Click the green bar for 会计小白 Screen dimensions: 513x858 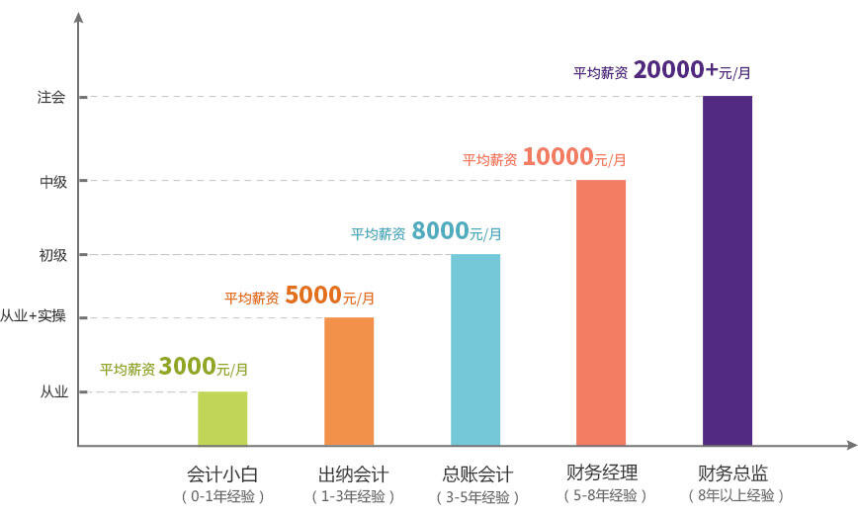tap(222, 418)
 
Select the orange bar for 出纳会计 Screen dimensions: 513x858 tap(349, 382)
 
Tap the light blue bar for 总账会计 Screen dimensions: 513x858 tap(475, 350)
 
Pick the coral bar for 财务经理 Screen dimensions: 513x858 tap(601, 312)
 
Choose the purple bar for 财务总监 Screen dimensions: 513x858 tap(728, 270)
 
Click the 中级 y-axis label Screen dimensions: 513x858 tap(52, 181)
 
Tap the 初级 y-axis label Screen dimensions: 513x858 tap(52, 255)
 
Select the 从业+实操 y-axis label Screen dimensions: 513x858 tap(33, 317)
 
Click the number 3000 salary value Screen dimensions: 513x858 tap(187, 367)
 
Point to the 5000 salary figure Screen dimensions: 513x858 tap(312, 295)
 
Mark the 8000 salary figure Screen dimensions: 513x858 tap(440, 231)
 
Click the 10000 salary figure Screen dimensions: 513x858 tap(558, 156)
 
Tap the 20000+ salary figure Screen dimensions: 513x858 tap(675, 70)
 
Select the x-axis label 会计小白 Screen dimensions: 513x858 tap(222, 472)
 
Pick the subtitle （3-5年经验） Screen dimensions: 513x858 tap(476, 496)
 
